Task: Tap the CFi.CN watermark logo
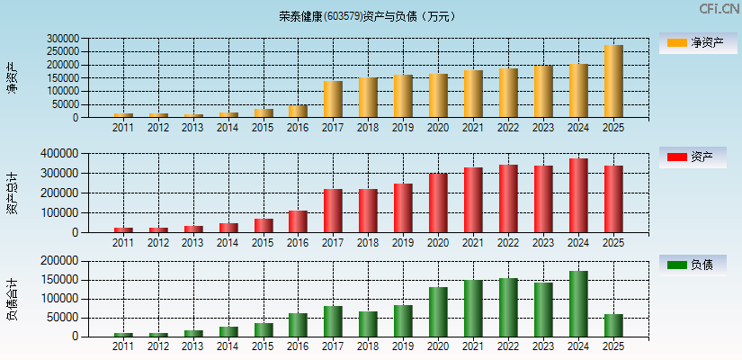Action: pos(719,9)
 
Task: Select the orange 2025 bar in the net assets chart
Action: pos(613,81)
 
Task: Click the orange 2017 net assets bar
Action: pos(333,99)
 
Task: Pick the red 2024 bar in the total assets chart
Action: pos(578,195)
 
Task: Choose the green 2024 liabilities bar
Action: pos(578,304)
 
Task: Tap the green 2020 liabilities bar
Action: pos(438,311)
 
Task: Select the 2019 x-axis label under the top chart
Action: pos(403,128)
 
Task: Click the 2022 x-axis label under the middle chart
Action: pos(508,243)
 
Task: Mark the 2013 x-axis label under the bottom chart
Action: pos(192,346)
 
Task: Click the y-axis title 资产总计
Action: pos(12,193)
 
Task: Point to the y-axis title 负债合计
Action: pos(12,300)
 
